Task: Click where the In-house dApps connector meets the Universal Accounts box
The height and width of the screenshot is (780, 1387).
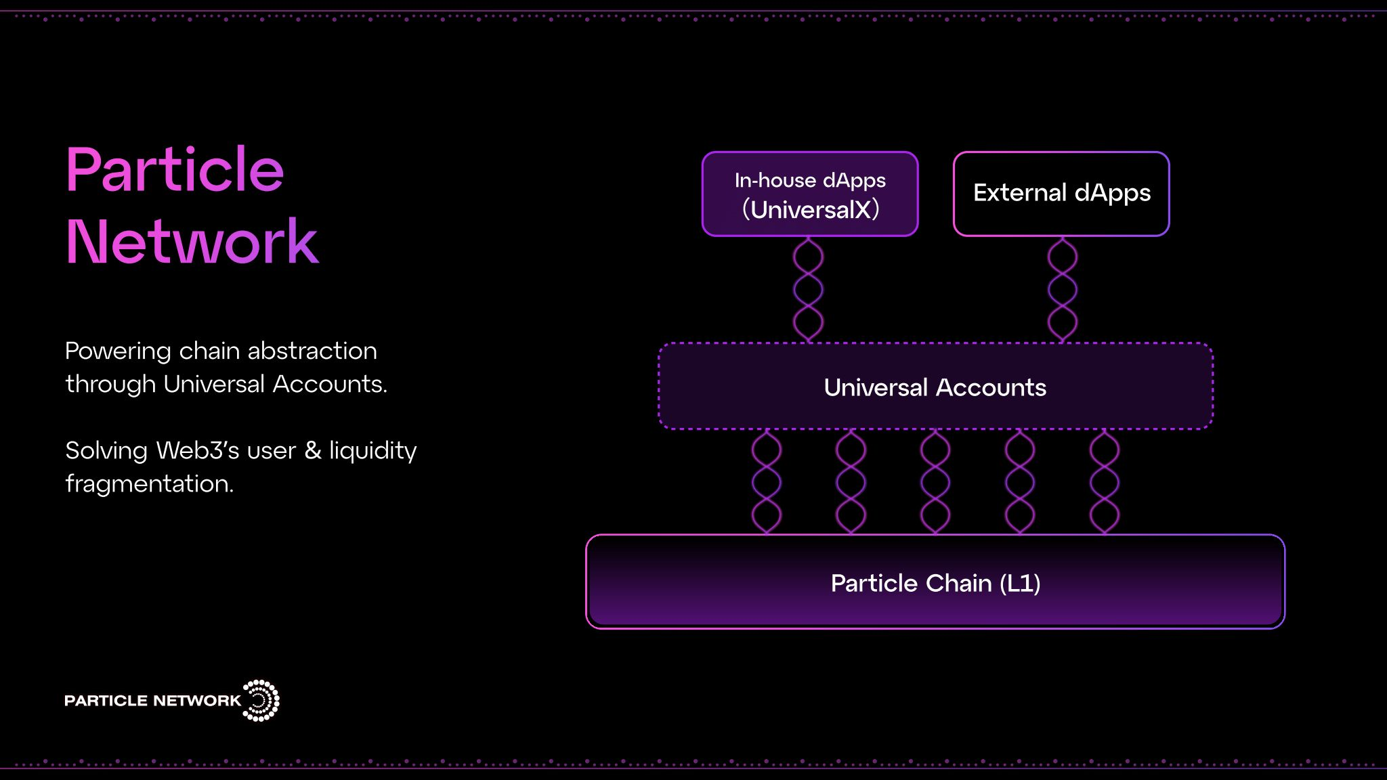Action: click(x=809, y=343)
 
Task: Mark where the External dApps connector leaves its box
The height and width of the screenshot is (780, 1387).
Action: click(x=1063, y=236)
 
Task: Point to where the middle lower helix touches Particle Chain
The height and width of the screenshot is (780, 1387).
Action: click(x=935, y=534)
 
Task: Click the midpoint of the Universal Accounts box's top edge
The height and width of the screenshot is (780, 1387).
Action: click(x=935, y=343)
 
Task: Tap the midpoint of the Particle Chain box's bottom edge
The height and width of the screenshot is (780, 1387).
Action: click(x=935, y=628)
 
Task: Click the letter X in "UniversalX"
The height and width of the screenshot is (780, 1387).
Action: click(x=862, y=210)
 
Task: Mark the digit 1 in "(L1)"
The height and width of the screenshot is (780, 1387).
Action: click(x=1025, y=583)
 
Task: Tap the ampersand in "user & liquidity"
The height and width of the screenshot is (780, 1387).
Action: click(x=313, y=450)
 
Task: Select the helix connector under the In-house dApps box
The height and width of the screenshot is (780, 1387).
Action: click(x=809, y=289)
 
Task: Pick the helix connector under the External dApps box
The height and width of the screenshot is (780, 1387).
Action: click(x=1063, y=289)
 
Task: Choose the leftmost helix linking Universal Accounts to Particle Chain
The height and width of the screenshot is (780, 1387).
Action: click(x=767, y=481)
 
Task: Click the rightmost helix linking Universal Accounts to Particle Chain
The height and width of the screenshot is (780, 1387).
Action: click(x=1105, y=481)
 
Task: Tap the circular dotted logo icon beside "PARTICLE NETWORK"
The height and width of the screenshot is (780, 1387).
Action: click(x=261, y=700)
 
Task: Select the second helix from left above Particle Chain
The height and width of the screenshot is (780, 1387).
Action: click(x=851, y=481)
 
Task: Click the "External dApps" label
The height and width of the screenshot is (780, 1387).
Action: click(x=1062, y=194)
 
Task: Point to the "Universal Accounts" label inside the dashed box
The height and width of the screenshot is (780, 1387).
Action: click(x=935, y=387)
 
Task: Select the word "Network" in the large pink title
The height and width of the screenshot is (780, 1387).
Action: click(x=192, y=242)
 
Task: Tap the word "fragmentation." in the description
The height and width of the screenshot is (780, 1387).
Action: click(x=150, y=483)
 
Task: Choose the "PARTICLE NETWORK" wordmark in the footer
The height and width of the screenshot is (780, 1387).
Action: click(x=153, y=701)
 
